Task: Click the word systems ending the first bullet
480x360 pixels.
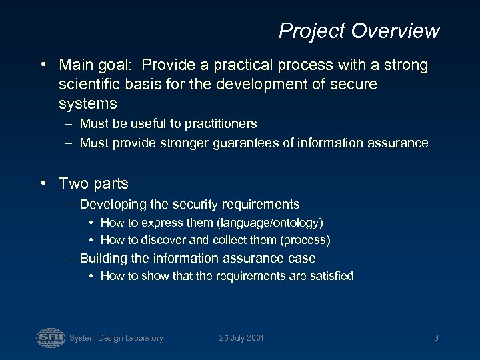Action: pyautogui.click(x=87, y=104)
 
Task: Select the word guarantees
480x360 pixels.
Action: pyautogui.click(x=254, y=143)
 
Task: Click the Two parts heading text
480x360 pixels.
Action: pyautogui.click(x=93, y=183)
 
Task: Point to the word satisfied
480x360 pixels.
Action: pyautogui.click(x=329, y=276)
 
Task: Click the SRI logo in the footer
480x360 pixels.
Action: pyautogui.click(x=50, y=337)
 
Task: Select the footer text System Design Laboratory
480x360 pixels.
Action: pyautogui.click(x=116, y=338)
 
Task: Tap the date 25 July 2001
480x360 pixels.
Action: pyautogui.click(x=241, y=338)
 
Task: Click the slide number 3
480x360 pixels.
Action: pyautogui.click(x=436, y=338)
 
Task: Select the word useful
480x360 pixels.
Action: pyautogui.click(x=133, y=124)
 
